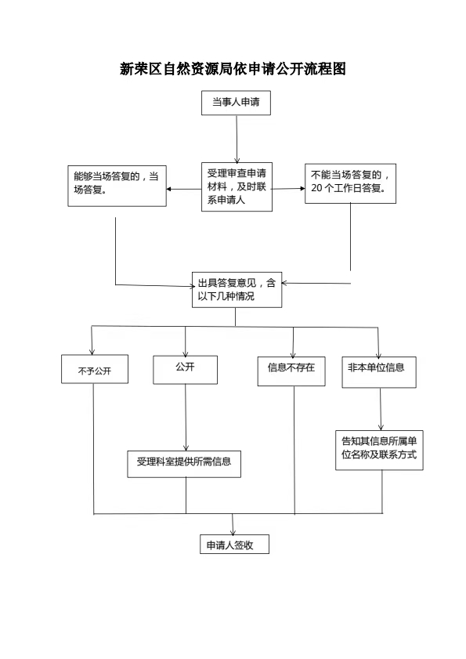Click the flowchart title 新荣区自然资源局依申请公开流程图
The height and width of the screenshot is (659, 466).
coord(233,69)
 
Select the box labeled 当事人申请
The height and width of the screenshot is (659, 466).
coord(236,103)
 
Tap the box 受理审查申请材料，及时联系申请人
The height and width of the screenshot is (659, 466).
coord(237,186)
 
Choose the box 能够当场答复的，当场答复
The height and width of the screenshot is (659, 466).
coord(117,186)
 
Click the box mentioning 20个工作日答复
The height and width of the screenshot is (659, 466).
coord(350,183)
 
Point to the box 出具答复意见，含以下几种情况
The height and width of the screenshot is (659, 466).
coord(237,290)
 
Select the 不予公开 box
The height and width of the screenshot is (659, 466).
coord(95,369)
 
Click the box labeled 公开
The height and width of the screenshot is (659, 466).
coord(185,370)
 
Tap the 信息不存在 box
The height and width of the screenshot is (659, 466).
coord(291,371)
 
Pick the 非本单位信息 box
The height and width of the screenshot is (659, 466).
coord(378,372)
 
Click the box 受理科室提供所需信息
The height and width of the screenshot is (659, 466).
coord(184,464)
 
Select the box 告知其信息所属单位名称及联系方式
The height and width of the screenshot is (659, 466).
coord(379,450)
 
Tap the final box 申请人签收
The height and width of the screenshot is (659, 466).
coord(234,545)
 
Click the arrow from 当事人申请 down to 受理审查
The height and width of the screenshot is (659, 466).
coord(237,139)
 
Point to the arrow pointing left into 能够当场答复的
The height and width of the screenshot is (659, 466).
coord(183,189)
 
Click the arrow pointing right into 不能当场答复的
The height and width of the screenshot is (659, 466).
coord(288,189)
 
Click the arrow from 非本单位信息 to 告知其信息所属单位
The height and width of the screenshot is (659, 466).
coord(381,409)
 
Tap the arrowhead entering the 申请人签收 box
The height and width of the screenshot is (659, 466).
coord(233,531)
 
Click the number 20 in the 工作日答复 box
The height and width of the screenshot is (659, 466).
coord(316,189)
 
